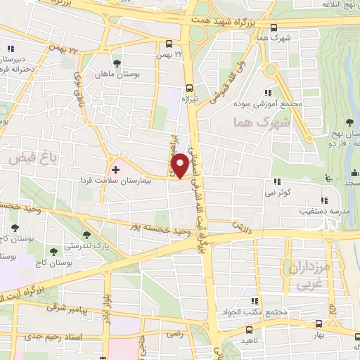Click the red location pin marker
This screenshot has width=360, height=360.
pyautogui.click(x=181, y=165)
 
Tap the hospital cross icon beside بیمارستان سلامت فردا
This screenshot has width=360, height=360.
pyautogui.click(x=116, y=170)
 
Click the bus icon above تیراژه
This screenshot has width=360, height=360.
pyautogui.click(x=190, y=89)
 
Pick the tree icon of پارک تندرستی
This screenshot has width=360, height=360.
pyautogui.click(x=87, y=235)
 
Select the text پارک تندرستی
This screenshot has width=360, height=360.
pyautogui.click(x=89, y=247)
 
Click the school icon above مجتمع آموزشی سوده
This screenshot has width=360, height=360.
pyautogui.click(x=268, y=92)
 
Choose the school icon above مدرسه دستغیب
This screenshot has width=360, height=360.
pyautogui.click(x=324, y=179)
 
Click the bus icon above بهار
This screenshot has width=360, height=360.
pyautogui.click(x=320, y=325)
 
